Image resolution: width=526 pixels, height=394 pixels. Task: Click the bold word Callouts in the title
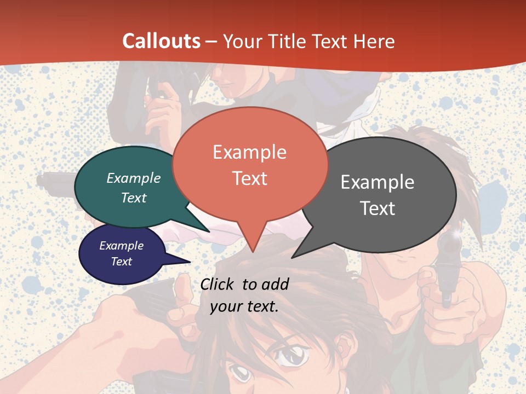pyautogui.click(x=161, y=41)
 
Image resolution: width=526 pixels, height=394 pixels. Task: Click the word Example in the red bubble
pyautogui.click(x=249, y=152)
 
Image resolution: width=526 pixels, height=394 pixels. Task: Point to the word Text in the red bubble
pyautogui.click(x=249, y=178)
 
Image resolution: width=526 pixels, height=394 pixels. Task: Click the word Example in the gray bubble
pyautogui.click(x=378, y=182)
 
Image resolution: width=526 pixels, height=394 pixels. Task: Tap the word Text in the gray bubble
pyautogui.click(x=378, y=208)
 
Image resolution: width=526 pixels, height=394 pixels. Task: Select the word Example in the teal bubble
pyautogui.click(x=134, y=178)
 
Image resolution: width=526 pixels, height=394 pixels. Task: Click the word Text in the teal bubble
pyautogui.click(x=134, y=198)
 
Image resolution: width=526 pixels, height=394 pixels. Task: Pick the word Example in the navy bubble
pyautogui.click(x=122, y=246)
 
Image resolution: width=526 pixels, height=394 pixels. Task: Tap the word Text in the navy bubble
pyautogui.click(x=122, y=262)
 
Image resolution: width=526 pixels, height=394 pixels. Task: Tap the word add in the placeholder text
pyautogui.click(x=275, y=284)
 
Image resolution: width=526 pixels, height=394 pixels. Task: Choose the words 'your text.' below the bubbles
pyautogui.click(x=244, y=306)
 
